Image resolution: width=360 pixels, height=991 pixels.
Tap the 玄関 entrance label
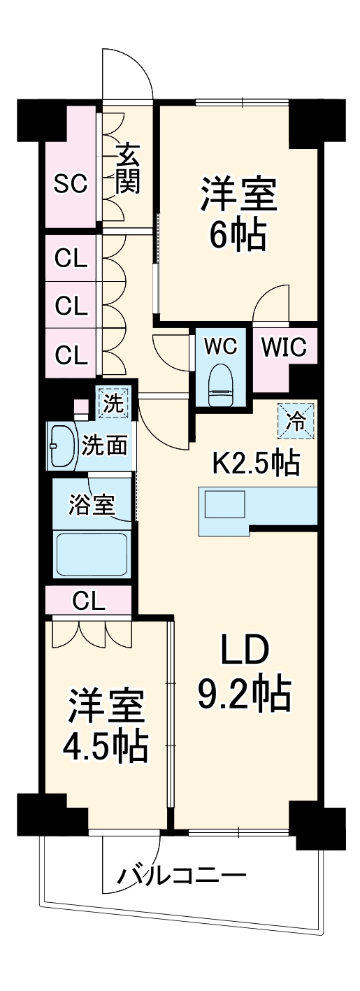pos(128,169)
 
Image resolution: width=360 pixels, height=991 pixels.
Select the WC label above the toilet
pos(222,346)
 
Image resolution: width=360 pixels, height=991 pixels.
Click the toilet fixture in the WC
pos(222,385)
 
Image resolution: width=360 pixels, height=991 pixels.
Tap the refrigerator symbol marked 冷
pos(296,420)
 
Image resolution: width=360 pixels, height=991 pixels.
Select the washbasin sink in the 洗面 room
pos(62,445)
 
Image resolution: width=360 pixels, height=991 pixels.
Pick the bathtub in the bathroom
pos(92,554)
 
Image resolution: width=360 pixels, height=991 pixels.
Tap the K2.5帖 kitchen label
pos(257,462)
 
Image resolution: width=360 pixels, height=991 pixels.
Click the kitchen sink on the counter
pos(224,504)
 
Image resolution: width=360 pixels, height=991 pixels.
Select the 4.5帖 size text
pos(104,745)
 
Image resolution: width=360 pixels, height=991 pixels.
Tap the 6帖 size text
pos(238,234)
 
